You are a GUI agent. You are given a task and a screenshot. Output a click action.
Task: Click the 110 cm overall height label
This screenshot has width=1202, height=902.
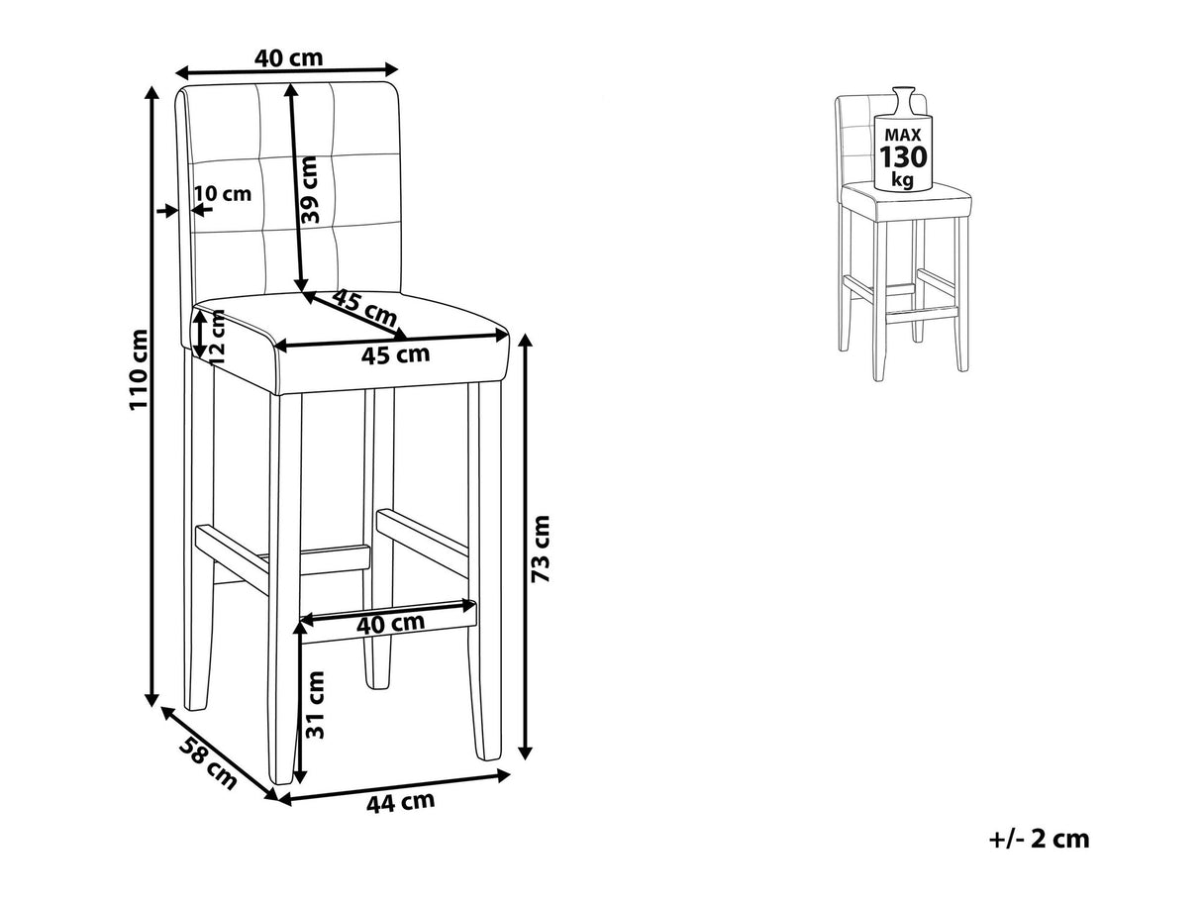click(x=139, y=369)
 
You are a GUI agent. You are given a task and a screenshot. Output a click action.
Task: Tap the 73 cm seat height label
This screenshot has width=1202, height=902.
click(x=542, y=549)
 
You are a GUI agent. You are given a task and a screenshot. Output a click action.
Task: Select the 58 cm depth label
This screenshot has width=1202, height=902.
click(x=208, y=763)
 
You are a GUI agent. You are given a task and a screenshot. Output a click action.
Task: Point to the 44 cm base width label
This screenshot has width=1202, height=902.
click(x=400, y=802)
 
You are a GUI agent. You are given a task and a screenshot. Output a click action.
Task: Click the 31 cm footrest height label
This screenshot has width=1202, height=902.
click(x=315, y=705)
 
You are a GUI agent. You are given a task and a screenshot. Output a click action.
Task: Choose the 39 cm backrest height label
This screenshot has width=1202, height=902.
click(x=309, y=190)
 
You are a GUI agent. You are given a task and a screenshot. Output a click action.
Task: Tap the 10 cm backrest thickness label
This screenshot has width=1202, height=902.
click(x=223, y=193)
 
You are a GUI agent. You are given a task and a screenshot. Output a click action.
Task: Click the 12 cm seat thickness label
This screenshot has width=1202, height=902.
click(x=218, y=337)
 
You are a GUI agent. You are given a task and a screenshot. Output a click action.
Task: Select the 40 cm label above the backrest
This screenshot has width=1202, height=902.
click(x=288, y=57)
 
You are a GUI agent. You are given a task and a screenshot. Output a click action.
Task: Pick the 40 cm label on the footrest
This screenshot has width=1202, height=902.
click(x=390, y=624)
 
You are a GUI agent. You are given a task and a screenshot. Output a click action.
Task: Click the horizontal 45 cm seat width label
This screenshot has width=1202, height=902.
click(x=395, y=354)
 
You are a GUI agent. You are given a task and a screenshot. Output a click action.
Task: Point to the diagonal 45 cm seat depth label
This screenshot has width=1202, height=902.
click(x=364, y=307)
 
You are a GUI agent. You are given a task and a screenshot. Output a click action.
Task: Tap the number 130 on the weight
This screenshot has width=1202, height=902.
click(x=903, y=157)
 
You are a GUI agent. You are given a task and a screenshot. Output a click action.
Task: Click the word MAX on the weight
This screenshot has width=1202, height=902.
click(x=903, y=135)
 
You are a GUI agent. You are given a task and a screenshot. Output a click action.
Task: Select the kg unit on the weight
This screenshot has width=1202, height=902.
click(x=902, y=178)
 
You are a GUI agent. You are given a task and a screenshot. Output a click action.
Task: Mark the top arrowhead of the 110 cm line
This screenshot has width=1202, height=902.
click(x=151, y=92)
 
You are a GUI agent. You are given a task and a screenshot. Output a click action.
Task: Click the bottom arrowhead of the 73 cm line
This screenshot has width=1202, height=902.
click(x=525, y=753)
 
